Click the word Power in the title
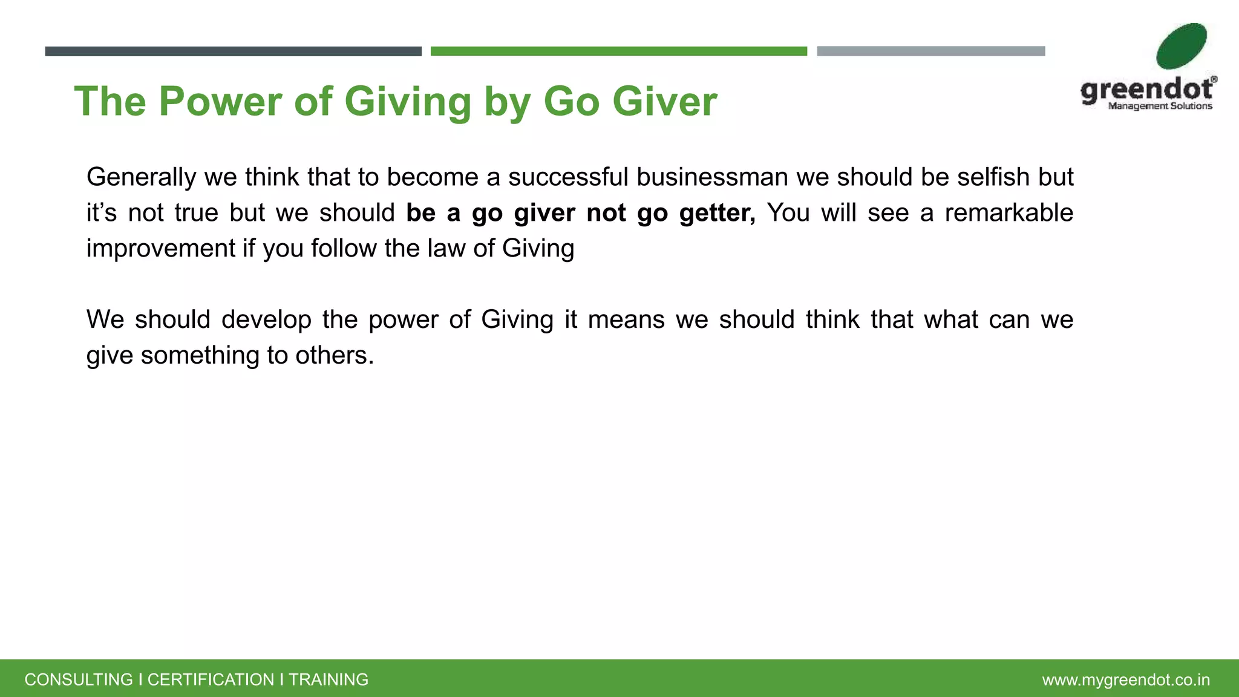click(220, 101)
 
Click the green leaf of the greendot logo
click(1180, 47)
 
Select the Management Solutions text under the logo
click(1160, 106)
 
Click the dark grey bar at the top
click(233, 51)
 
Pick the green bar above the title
click(618, 51)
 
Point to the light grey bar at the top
click(930, 51)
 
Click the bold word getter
click(717, 213)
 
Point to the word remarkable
click(1009, 213)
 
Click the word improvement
click(161, 249)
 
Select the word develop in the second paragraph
click(266, 319)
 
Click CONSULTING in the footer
click(79, 679)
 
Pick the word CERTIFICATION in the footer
click(211, 679)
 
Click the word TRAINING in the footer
click(329, 679)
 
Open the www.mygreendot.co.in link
click(1126, 680)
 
